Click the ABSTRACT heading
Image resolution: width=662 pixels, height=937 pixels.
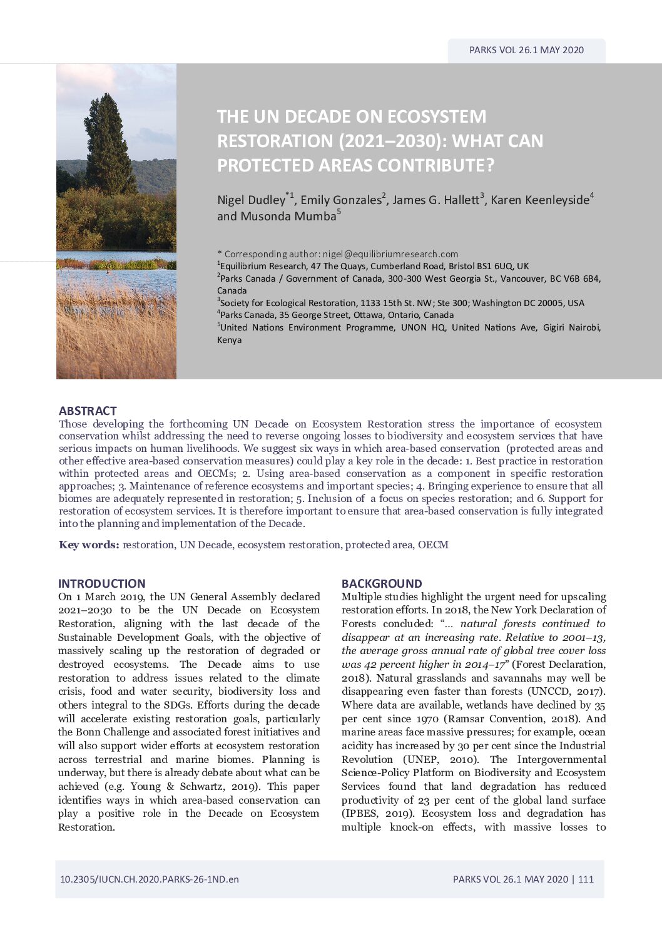click(x=88, y=411)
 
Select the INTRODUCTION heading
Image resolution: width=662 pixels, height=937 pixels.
click(x=102, y=583)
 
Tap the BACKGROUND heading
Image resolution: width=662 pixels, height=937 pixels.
click(x=382, y=583)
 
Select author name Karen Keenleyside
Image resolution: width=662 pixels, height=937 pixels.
click(x=540, y=200)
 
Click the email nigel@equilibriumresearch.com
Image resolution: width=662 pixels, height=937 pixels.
click(x=390, y=254)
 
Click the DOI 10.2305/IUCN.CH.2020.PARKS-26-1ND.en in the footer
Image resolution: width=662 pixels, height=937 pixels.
click(x=150, y=879)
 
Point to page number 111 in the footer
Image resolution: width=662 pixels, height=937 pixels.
click(x=586, y=879)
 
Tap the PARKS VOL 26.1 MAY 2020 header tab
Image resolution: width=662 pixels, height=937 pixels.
click(x=526, y=50)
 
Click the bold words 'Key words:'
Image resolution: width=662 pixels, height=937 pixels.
click(x=89, y=545)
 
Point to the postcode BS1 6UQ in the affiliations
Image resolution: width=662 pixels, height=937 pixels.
click(x=493, y=266)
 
